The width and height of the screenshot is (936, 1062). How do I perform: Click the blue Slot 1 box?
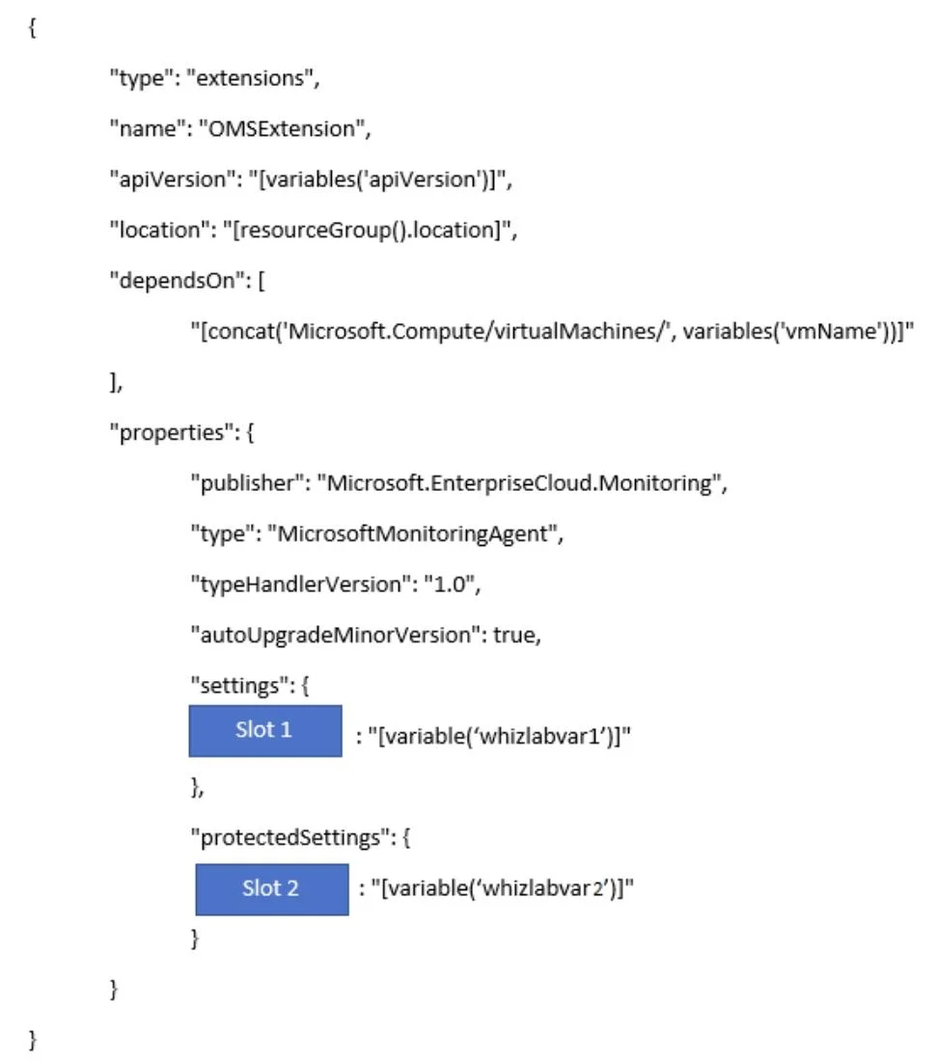click(265, 731)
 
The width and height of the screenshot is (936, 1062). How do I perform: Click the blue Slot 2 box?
click(272, 889)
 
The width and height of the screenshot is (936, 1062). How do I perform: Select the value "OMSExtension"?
click(281, 128)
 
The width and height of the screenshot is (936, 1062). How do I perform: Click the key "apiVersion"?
click(172, 179)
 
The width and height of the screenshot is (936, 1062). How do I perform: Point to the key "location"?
click(159, 231)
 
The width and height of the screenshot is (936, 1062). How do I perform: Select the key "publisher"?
click(247, 483)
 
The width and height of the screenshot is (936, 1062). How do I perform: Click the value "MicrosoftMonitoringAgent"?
click(411, 533)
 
